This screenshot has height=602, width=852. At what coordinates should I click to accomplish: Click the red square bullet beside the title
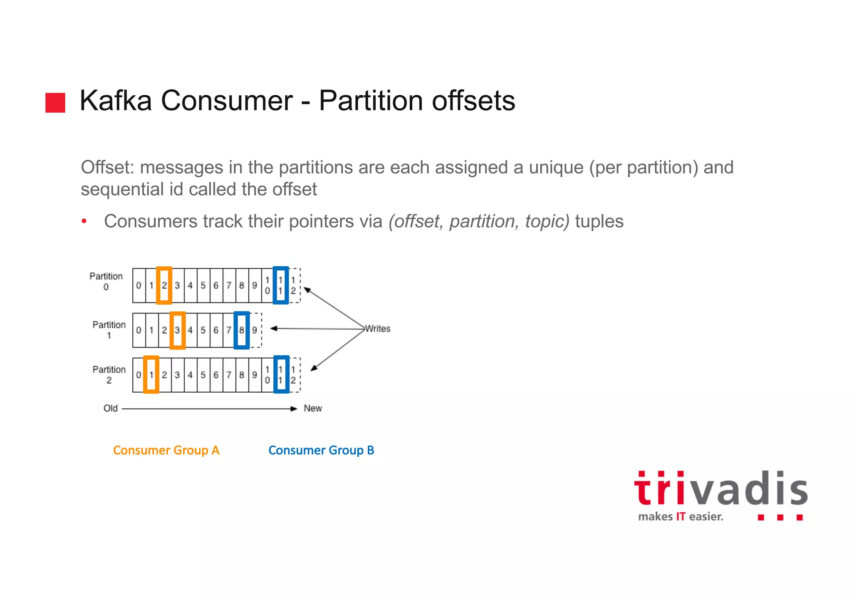click(55, 103)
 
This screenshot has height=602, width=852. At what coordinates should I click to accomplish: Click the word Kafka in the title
click(116, 101)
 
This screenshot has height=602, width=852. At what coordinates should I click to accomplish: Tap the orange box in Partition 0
click(164, 285)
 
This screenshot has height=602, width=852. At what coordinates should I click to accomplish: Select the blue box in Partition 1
click(242, 330)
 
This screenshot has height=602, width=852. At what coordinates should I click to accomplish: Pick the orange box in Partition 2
click(151, 374)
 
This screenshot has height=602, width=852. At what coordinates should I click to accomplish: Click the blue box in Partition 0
click(281, 285)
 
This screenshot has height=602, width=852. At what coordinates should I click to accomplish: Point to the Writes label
click(378, 329)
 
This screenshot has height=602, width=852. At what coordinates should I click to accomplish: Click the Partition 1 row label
click(109, 330)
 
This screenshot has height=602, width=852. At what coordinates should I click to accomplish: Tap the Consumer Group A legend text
click(166, 450)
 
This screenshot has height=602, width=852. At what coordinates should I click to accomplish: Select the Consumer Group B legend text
click(321, 450)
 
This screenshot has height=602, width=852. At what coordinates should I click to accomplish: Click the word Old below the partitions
click(111, 409)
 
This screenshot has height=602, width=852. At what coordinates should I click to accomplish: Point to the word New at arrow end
click(313, 409)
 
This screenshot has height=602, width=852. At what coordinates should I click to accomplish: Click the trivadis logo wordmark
click(721, 490)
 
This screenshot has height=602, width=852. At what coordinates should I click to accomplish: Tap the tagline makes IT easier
click(681, 517)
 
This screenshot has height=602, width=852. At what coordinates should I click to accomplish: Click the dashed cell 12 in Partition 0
click(294, 285)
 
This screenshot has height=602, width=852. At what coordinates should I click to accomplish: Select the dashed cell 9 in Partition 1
click(255, 330)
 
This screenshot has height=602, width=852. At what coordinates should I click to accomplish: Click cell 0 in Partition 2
click(139, 375)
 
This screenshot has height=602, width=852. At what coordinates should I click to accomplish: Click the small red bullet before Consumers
click(84, 221)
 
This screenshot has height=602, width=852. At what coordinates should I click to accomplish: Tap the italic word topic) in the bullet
click(547, 221)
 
